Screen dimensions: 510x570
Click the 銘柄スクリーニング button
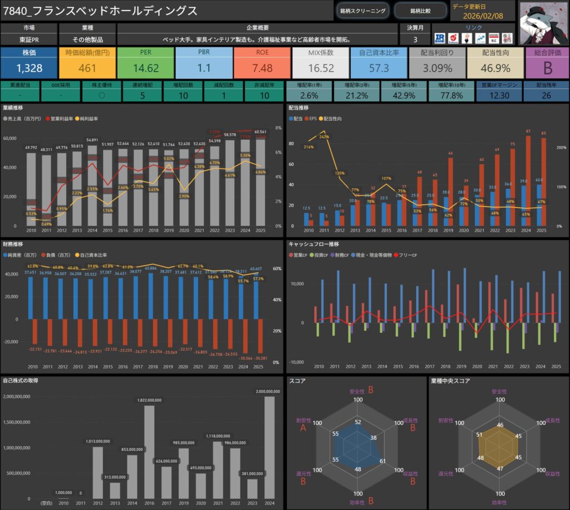(362, 11)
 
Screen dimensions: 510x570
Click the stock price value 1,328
(29, 68)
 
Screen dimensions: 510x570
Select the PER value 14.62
(146, 68)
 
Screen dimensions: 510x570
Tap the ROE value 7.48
(262, 68)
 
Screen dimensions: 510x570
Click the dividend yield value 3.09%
(437, 68)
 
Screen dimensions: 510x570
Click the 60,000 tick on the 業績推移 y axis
(11, 139)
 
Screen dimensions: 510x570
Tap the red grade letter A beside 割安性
(303, 428)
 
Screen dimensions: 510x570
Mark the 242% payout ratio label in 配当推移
(323, 136)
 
